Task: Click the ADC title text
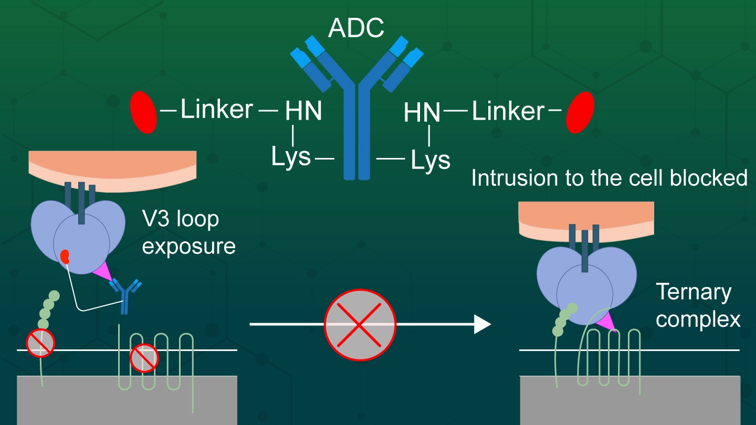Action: click(356, 29)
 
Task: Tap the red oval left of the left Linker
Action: click(143, 112)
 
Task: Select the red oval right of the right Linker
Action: click(580, 112)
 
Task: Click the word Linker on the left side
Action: click(217, 110)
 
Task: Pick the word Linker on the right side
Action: click(508, 111)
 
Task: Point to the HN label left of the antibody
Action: click(303, 112)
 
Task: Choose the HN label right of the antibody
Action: click(422, 112)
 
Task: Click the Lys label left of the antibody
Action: click(291, 157)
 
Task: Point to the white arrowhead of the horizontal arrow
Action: click(482, 324)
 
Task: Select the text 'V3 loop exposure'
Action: click(188, 232)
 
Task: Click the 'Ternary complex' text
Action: click(697, 305)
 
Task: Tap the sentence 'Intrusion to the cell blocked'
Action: click(609, 178)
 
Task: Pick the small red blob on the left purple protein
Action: click(65, 257)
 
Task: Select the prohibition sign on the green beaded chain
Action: click(41, 342)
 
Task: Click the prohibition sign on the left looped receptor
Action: click(144, 358)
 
